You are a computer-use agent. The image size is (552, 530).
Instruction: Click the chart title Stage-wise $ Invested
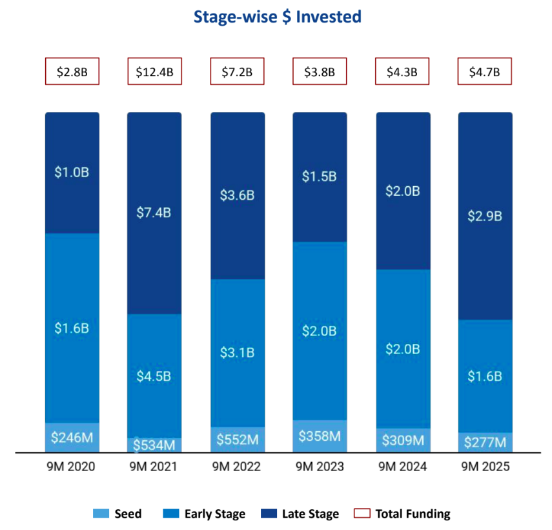pos(277,17)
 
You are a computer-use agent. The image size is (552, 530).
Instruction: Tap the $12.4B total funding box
pos(154,72)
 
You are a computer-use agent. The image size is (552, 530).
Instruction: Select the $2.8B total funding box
pos(72,72)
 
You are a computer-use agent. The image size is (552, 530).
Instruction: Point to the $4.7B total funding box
pos(485,72)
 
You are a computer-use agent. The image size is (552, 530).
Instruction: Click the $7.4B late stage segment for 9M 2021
pos(154,213)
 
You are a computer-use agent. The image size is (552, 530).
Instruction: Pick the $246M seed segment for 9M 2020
pos(72,438)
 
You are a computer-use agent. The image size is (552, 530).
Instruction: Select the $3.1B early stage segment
pos(237,353)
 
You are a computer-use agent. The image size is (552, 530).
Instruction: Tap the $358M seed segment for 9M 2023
pos(320,436)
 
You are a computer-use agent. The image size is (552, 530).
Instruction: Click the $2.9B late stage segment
pos(485,216)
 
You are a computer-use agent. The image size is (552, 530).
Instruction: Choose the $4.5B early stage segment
pos(154,376)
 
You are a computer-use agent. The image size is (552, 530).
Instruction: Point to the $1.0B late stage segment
pos(72,173)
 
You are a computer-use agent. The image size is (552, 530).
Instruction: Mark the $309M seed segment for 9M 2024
pos(402,440)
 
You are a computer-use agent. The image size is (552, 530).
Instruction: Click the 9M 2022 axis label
pos(237,467)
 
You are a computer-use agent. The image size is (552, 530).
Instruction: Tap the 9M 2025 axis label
pos(485,467)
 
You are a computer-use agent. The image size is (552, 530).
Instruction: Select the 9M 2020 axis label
pos(72,467)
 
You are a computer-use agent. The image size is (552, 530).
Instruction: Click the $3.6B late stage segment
pos(237,196)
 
